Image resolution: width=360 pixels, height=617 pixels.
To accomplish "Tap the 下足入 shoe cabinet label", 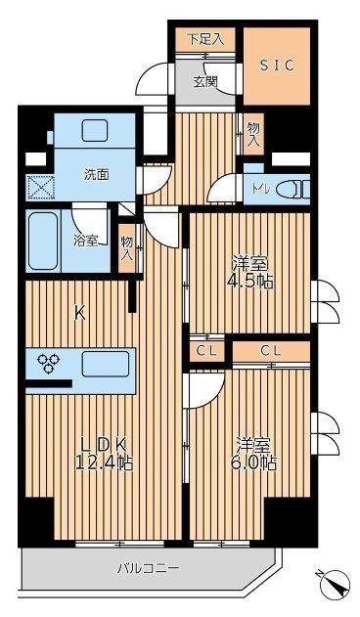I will tap(205, 39).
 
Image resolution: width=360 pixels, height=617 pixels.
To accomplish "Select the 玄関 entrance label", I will tap(204, 81).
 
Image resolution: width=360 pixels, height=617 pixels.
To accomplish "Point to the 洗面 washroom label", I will tap(95, 175).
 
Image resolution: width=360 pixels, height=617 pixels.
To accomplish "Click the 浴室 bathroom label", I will tap(85, 240).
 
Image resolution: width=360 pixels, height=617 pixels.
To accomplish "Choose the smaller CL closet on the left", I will tap(206, 350).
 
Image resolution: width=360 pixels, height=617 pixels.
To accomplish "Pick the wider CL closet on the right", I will tap(272, 350).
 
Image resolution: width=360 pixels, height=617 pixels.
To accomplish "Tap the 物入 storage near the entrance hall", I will tap(252, 134).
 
